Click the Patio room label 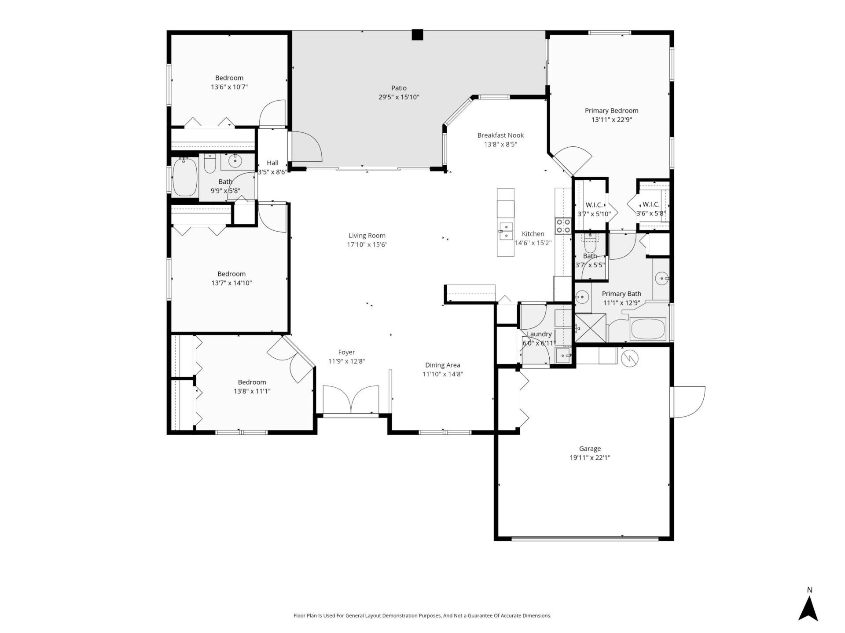point(399,88)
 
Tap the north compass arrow point(808,608)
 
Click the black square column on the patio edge point(417,35)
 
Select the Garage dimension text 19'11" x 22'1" point(590,458)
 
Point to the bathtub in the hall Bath point(185,177)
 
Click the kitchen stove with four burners point(563,226)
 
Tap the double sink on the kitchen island point(506,231)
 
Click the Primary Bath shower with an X point(590,328)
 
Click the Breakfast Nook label point(500,135)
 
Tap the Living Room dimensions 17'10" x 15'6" point(367,245)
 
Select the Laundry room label point(539,334)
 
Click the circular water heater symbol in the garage point(629,359)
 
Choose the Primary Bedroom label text point(611,111)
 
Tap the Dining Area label point(442,365)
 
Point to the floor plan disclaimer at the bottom point(422,615)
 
